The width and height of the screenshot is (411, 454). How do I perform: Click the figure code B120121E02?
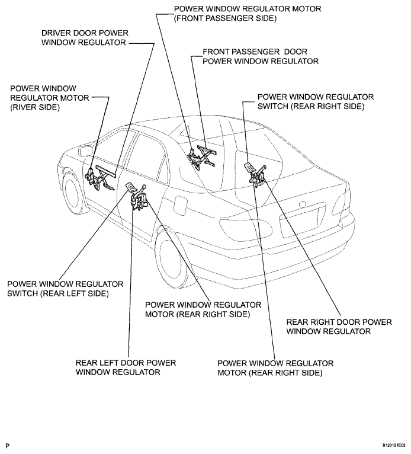pyautogui.click(x=390, y=443)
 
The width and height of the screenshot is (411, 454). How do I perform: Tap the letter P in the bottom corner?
pyautogui.click(x=8, y=443)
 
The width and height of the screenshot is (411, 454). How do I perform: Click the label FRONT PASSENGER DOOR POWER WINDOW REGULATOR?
pyautogui.click(x=261, y=56)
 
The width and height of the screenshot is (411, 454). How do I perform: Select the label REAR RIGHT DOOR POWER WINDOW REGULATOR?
pyautogui.click(x=339, y=327)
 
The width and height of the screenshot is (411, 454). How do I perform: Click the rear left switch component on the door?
pyautogui.click(x=130, y=188)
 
